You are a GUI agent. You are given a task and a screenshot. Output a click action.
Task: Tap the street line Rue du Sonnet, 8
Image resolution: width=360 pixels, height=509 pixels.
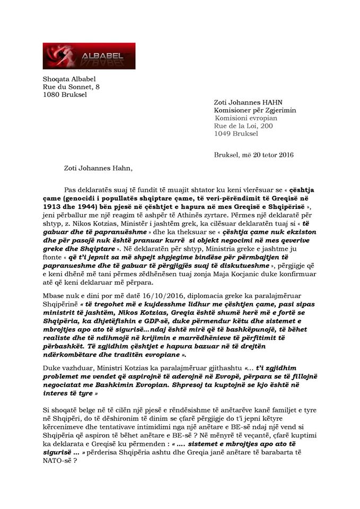[70, 87]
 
